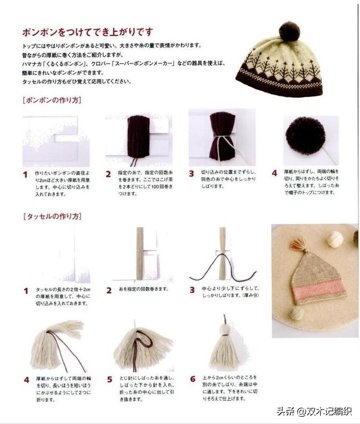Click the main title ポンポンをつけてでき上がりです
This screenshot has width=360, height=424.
tap(87, 33)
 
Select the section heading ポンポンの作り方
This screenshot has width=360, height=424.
tap(52, 100)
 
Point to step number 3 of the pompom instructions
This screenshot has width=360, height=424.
tap(192, 174)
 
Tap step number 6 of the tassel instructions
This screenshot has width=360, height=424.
tap(192, 379)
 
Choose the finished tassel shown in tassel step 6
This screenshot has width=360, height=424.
tap(224, 347)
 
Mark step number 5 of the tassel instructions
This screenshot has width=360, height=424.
tap(109, 379)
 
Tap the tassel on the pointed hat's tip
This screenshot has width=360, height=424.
tap(298, 244)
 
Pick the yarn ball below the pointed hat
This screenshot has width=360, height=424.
tap(296, 313)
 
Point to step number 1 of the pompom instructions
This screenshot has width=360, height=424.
tap(25, 174)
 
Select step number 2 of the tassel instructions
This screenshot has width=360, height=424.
tap(109, 290)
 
